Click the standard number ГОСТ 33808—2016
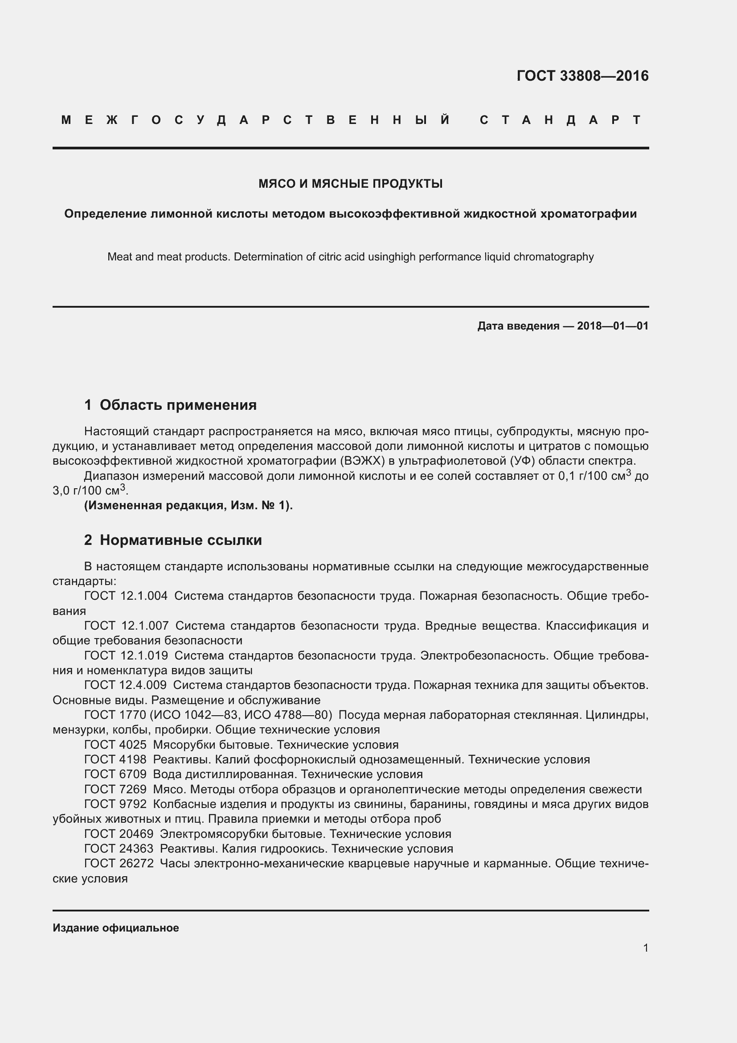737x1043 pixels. (582, 76)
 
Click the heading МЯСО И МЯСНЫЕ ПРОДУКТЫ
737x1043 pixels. (350, 184)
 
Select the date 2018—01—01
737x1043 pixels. (613, 326)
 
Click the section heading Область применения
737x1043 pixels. (178, 405)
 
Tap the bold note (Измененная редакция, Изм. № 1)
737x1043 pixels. (188, 505)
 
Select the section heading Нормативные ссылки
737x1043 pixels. (180, 540)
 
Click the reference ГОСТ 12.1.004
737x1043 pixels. (126, 596)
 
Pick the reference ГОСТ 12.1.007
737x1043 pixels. (126, 626)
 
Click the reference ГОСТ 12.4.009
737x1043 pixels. (125, 685)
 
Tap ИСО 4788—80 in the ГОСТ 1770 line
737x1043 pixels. (286, 715)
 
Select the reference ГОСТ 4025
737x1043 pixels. (115, 745)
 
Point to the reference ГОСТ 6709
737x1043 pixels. (115, 774)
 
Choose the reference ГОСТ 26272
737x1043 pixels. (119, 864)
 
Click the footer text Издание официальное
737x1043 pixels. (116, 928)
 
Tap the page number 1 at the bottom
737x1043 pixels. (645, 948)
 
